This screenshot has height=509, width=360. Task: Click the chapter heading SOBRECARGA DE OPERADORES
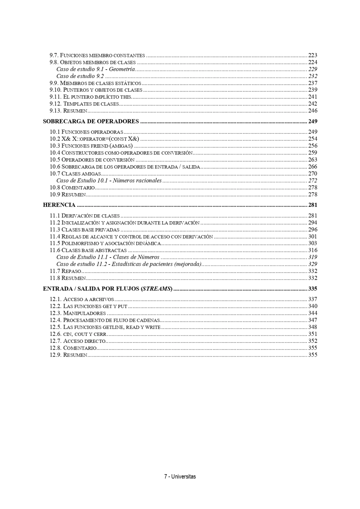click(x=91, y=122)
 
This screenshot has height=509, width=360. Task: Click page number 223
click(x=313, y=56)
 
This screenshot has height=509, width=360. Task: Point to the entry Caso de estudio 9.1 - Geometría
click(x=96, y=69)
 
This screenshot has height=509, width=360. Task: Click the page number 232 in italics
click(x=313, y=76)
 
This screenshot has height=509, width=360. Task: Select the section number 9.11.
click(x=56, y=97)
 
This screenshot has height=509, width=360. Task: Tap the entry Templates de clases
click(x=91, y=104)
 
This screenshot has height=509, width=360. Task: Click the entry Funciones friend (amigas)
click(x=97, y=146)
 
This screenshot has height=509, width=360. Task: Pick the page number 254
click(x=313, y=139)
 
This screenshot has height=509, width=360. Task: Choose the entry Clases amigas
click(x=81, y=174)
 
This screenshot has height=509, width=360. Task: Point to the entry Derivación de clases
click(x=90, y=216)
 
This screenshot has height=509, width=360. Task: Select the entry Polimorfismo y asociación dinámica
click(x=111, y=243)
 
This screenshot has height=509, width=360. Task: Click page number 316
click(x=313, y=250)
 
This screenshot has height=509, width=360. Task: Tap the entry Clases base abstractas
click(x=94, y=250)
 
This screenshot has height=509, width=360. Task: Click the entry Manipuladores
click(x=84, y=313)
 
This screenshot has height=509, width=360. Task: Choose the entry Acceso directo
click(x=84, y=341)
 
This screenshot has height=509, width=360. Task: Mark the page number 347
click(x=313, y=320)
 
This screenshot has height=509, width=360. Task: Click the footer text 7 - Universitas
click(x=180, y=477)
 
